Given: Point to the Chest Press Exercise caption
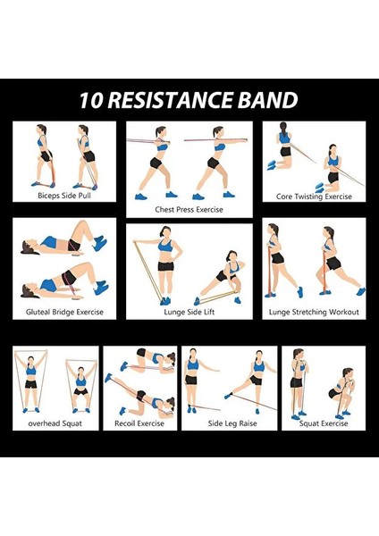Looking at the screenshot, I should [189, 210].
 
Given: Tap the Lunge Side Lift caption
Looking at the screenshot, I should [189, 312].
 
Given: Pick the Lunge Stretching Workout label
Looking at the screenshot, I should [314, 312].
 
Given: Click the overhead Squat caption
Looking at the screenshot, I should [55, 423].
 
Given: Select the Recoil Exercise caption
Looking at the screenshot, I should [139, 423].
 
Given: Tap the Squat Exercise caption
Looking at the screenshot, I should [321, 423].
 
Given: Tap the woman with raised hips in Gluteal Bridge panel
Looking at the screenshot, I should [67, 282].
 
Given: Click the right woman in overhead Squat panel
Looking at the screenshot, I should [80, 385].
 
